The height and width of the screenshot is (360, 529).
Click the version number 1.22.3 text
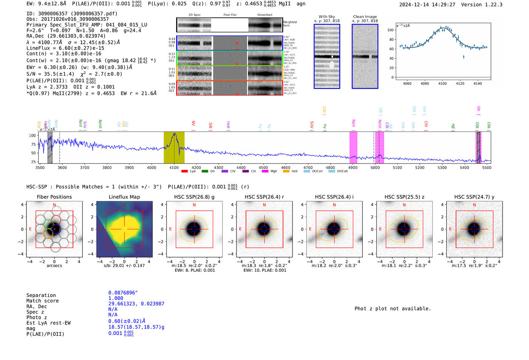coord(492,5)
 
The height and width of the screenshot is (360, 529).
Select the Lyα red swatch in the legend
coord(184,171)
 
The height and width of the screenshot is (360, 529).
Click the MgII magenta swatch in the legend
coord(264,171)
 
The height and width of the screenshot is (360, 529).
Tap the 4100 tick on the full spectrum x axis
coord(174,167)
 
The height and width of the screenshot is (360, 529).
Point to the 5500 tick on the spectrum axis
coord(487,167)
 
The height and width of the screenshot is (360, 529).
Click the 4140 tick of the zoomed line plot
coord(478,83)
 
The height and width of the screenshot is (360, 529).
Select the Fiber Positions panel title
coord(54,197)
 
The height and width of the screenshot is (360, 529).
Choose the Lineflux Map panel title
coord(124,197)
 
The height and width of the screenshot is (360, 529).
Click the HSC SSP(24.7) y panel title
coord(474,197)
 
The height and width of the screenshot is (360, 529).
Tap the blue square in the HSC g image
coord(194,229)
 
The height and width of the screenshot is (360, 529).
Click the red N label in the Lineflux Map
coord(124,205)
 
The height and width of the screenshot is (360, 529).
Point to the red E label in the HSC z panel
coord(380,229)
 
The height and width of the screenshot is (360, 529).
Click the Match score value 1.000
coord(115,298)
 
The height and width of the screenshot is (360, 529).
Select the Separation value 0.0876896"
coord(123,293)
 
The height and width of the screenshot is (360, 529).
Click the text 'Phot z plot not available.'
coord(393,309)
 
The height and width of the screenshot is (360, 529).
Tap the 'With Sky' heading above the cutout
coord(326,17)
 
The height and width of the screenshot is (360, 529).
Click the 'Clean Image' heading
coord(365,17)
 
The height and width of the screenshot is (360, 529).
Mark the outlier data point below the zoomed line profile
coord(464,57)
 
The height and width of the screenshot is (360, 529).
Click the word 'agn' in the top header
coord(301,4)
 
